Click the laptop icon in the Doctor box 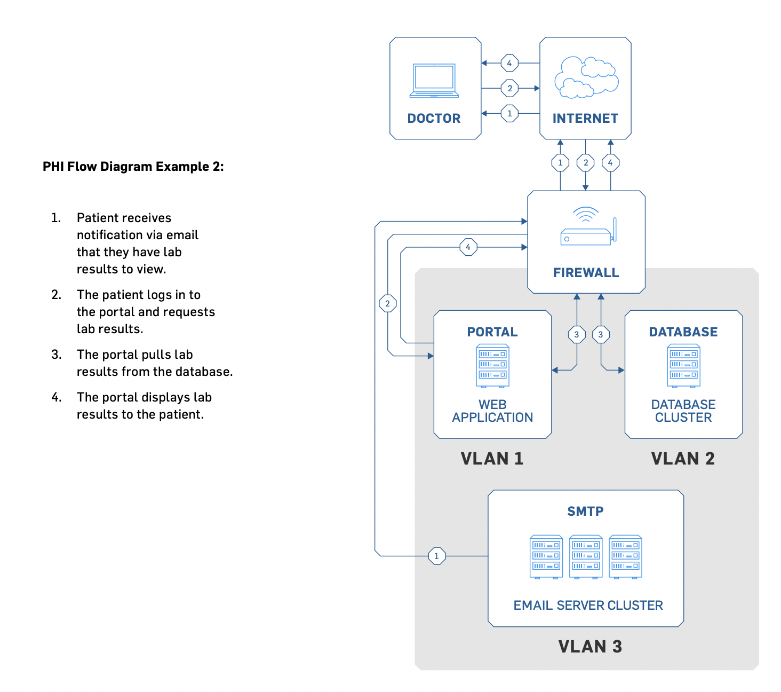(x=434, y=81)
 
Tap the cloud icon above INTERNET (x=586, y=78)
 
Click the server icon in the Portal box (x=492, y=366)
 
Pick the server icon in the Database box (x=683, y=366)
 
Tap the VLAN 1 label (x=492, y=459)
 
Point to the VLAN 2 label (x=683, y=459)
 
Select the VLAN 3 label (x=590, y=647)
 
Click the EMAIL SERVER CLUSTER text (x=588, y=605)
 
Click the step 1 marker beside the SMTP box (x=437, y=556)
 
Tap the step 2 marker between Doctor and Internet (x=509, y=88)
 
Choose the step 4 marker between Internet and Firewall (x=610, y=163)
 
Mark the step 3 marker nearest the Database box (x=601, y=335)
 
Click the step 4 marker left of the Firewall (x=468, y=247)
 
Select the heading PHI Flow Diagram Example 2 (x=133, y=167)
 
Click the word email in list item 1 (x=182, y=235)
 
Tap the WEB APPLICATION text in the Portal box (x=492, y=411)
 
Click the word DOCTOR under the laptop (x=434, y=119)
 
